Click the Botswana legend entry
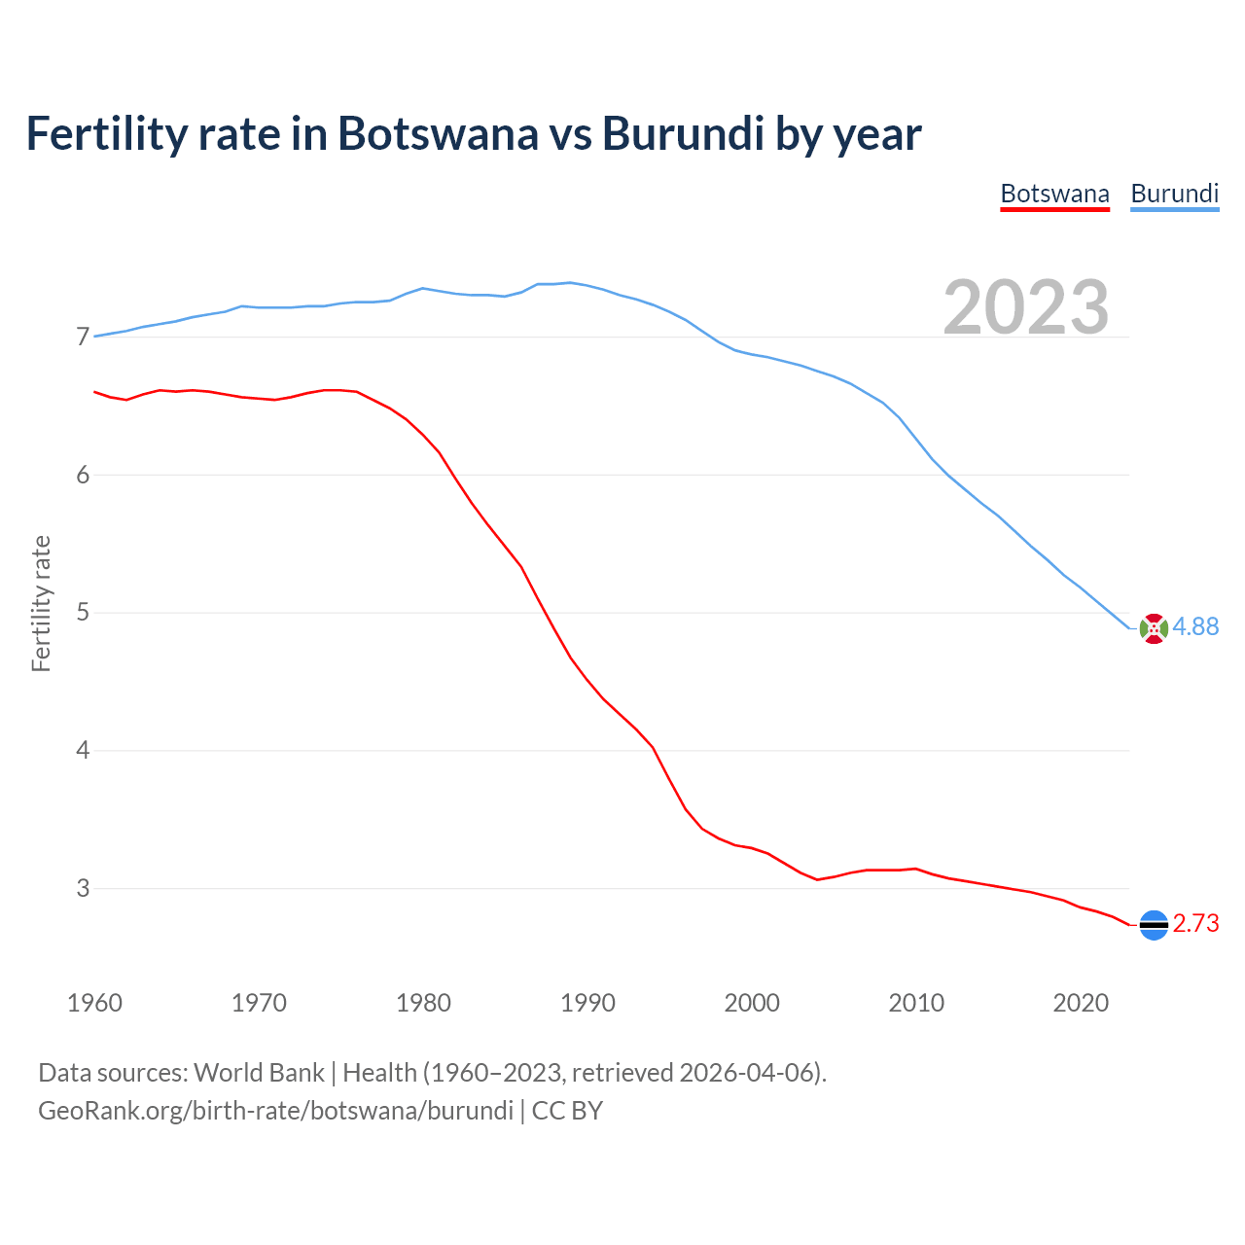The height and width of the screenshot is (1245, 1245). coord(1054,194)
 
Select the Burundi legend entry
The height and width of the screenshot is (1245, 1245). coord(1174,194)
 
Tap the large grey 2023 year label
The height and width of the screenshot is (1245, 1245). coord(1026,307)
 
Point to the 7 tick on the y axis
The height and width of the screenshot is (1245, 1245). coord(83,338)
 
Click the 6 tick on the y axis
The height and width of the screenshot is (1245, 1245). coord(83,475)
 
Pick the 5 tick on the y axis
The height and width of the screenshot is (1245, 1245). coord(83,613)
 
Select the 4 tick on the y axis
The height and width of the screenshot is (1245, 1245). coord(83,751)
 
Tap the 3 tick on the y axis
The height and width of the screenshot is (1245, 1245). coord(83,888)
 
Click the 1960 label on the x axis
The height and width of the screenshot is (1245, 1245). coord(94,1003)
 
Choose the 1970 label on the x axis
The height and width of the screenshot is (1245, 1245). coord(259,1003)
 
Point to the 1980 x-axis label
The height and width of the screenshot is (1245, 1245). coord(423,1003)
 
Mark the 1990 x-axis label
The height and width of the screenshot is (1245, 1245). coord(587,1003)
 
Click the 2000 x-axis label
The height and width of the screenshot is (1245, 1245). coord(752,1003)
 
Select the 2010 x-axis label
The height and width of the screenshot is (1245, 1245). coord(916,1003)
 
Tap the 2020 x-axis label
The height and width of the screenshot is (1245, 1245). coord(1081,1003)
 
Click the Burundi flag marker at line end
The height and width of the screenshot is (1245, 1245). coord(1154,628)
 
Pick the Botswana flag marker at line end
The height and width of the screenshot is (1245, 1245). coord(1154,925)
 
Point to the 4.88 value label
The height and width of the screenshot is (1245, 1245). coord(1195,627)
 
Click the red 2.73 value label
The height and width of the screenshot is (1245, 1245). coord(1195,924)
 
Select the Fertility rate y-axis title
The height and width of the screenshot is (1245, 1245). coord(41,603)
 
